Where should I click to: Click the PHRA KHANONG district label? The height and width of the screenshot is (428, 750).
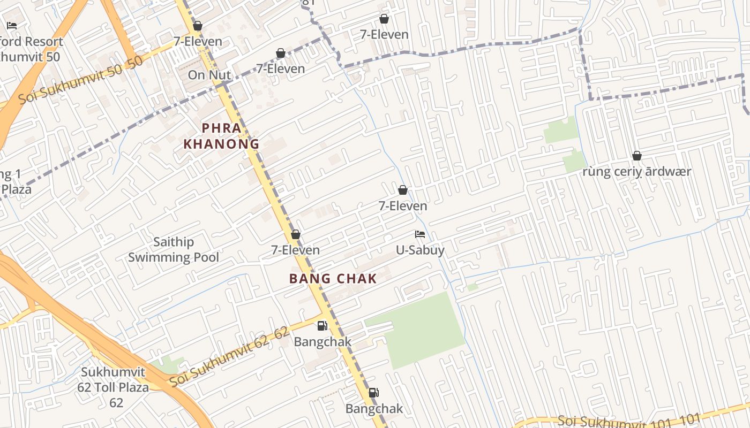pyautogui.click(x=221, y=136)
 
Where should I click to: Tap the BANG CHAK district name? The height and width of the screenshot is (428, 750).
pyautogui.click(x=333, y=279)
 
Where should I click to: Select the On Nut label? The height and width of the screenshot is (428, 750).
pyautogui.click(x=209, y=75)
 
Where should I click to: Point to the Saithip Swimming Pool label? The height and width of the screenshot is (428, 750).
pyautogui.click(x=173, y=250)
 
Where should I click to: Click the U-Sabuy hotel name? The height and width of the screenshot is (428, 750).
pyautogui.click(x=420, y=250)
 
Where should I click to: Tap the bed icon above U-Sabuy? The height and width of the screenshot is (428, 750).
pyautogui.click(x=420, y=234)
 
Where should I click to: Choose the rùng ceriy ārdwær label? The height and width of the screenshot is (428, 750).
pyautogui.click(x=636, y=172)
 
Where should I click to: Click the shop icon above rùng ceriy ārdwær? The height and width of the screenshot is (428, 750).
pyautogui.click(x=636, y=156)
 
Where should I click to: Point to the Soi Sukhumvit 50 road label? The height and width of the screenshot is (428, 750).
pyautogui.click(x=80, y=80)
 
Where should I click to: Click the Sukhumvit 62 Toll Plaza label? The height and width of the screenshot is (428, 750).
pyautogui.click(x=115, y=387)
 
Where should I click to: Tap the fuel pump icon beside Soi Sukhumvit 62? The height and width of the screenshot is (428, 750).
pyautogui.click(x=322, y=325)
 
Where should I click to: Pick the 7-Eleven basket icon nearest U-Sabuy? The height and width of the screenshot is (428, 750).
pyautogui.click(x=402, y=190)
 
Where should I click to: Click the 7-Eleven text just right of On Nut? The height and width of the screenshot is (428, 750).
pyautogui.click(x=280, y=68)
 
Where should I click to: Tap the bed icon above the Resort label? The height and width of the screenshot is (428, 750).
pyautogui.click(x=12, y=25)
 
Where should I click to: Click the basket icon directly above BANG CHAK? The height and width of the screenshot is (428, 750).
pyautogui.click(x=295, y=234)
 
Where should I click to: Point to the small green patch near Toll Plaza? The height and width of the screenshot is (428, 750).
pyautogui.click(x=168, y=365)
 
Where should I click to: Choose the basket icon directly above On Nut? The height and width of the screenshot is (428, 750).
pyautogui.click(x=197, y=26)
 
